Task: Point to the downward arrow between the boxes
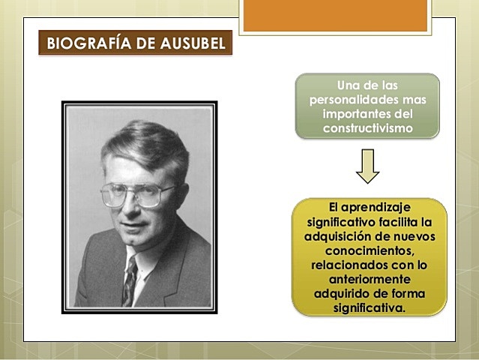[367, 166]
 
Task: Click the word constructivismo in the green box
[367, 128]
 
